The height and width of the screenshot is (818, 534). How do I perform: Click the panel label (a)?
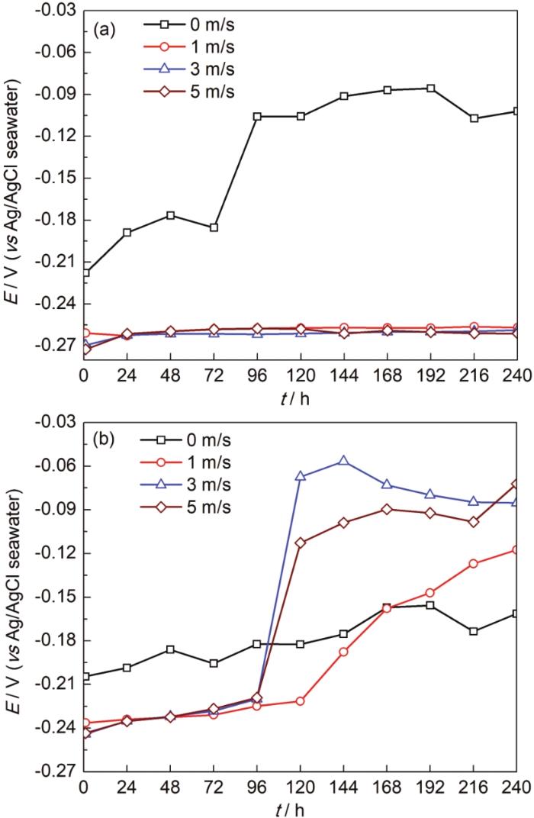(104, 31)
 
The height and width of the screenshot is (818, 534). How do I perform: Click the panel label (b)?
(104, 440)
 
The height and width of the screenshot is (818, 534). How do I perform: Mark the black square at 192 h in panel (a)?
(431, 88)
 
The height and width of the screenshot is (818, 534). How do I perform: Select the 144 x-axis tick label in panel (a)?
(344, 377)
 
